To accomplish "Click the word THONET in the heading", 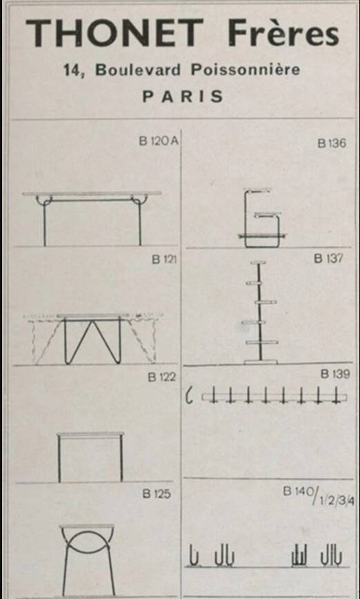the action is pos(114,33).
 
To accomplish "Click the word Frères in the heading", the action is pos(283,33).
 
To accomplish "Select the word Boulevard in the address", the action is pos(138,70).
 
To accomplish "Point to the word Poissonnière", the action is pos(245,70).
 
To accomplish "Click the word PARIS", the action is pos(183,97).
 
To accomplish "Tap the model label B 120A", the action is pos(159,141).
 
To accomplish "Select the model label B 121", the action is pos(164,259).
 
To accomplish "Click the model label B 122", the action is pos(162,377).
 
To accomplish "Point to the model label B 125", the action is pos(156,494).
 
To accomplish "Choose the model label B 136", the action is pos(332,144).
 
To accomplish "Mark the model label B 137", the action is pos(328,259).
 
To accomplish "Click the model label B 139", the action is pos(334,374).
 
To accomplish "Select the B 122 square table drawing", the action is pos(90,435).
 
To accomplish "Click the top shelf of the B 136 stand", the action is pos(258,190).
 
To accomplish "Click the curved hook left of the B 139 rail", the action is pos(188,396).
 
